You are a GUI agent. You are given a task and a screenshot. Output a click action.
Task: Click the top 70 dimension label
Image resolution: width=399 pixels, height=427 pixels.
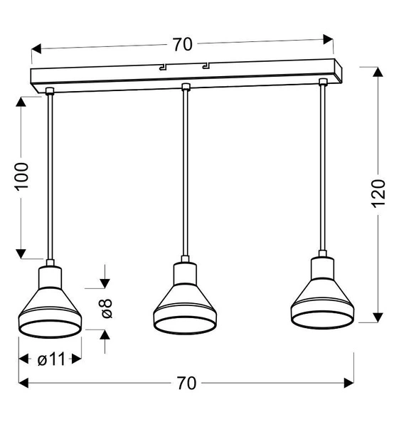tap(183, 45)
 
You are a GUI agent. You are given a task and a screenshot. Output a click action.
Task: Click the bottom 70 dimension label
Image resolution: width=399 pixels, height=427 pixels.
tap(186, 383)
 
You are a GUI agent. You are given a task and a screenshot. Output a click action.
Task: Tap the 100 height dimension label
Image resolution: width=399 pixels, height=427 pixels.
tap(22, 176)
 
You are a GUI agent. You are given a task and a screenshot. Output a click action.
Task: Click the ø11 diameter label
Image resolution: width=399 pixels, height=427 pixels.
tap(50, 360)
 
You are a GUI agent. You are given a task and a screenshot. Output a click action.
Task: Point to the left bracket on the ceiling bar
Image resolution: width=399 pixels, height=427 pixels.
tap(163, 68)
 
